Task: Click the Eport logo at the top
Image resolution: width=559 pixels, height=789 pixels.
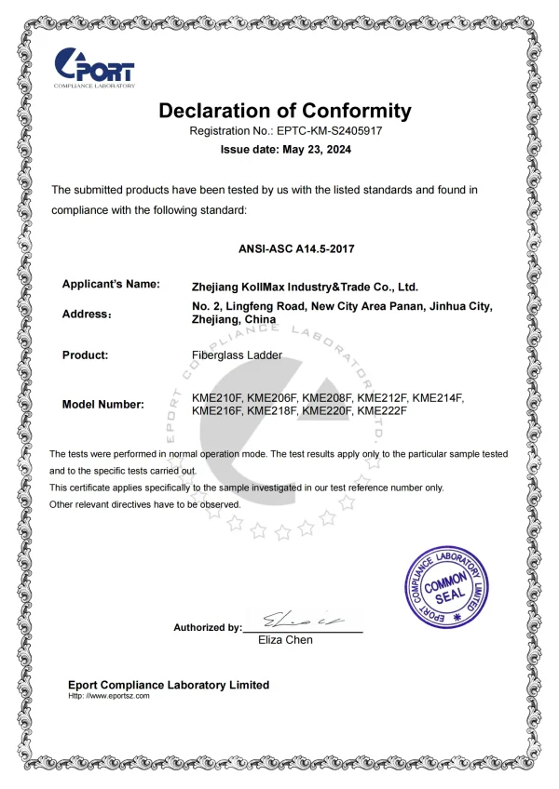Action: pyautogui.click(x=95, y=68)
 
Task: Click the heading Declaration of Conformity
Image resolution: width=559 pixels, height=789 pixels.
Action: pyautogui.click(x=284, y=111)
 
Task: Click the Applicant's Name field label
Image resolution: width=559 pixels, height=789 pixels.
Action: pyautogui.click(x=110, y=284)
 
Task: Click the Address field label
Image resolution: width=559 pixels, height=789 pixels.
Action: pyautogui.click(x=87, y=314)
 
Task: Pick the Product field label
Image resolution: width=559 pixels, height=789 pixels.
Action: pyautogui.click(x=85, y=354)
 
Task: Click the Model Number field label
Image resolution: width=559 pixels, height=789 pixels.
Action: pyautogui.click(x=102, y=405)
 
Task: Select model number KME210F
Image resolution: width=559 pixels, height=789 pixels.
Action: pyautogui.click(x=217, y=398)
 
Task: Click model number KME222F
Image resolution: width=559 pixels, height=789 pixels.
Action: pyautogui.click(x=384, y=410)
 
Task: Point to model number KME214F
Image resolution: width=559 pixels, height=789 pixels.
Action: pyautogui.click(x=438, y=398)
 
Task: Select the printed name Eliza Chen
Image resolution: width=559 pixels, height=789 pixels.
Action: pyautogui.click(x=285, y=640)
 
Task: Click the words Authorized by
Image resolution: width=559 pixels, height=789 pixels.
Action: pyautogui.click(x=207, y=628)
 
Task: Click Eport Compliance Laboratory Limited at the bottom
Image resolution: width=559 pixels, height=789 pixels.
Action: pyautogui.click(x=169, y=685)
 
